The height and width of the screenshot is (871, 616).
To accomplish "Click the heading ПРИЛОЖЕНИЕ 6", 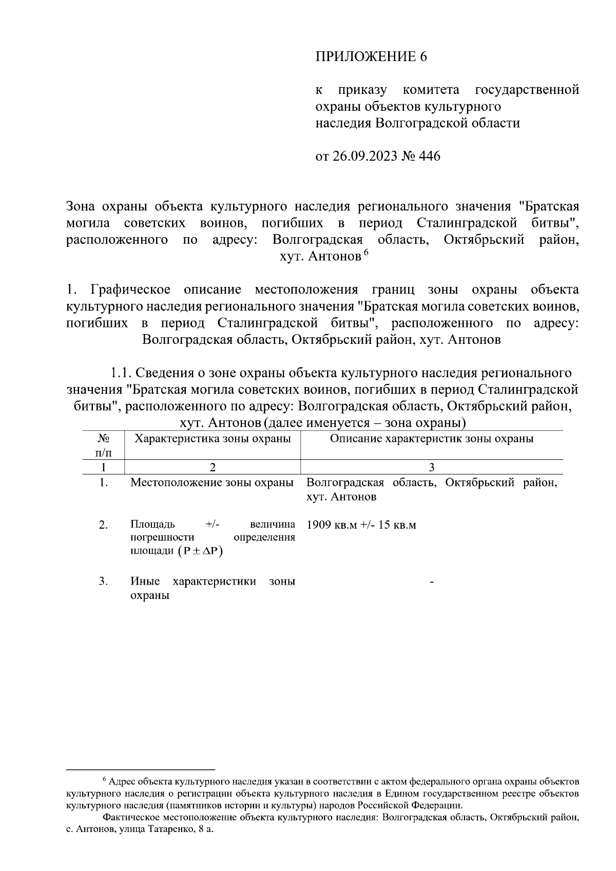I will click(371, 56).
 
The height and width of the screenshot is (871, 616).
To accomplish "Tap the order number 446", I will click(430, 156).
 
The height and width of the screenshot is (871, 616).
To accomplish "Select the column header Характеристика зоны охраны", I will click(213, 439).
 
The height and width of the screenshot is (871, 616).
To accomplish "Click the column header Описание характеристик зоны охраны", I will click(431, 439).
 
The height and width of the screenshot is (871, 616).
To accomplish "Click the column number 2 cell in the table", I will click(213, 467).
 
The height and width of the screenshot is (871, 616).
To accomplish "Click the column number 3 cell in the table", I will click(431, 467).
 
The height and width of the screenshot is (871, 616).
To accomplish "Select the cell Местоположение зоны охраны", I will click(213, 483).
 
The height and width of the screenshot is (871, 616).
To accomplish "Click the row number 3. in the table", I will click(103, 582).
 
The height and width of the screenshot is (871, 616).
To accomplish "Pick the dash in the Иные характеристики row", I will click(432, 582).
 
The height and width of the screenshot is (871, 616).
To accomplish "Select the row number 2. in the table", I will click(103, 525).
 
